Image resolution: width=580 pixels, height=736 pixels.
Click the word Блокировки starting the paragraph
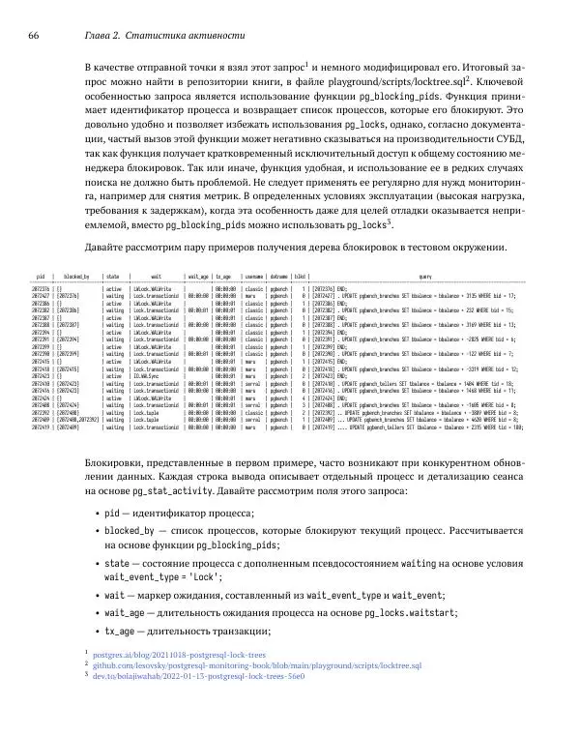pyautogui.click(x=118, y=451)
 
